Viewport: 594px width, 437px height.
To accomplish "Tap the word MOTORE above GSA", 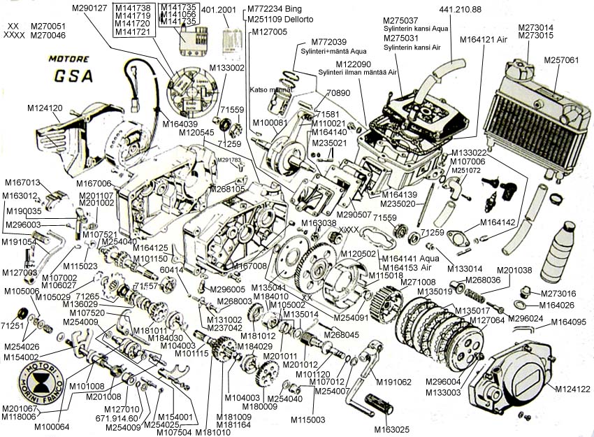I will coord(70,59).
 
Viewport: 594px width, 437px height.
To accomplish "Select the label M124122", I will coord(574,389).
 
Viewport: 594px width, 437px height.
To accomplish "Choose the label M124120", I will coord(45,108).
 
